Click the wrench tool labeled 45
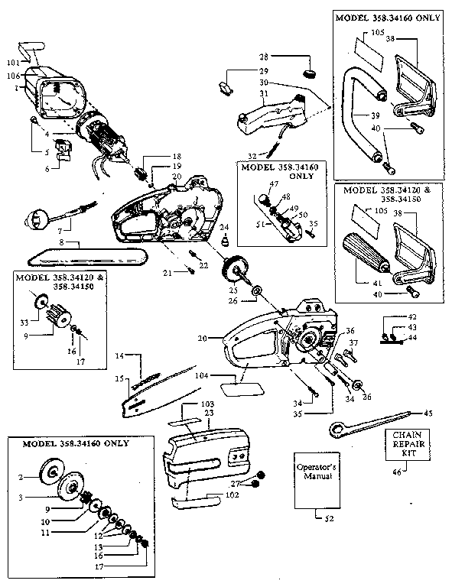coord(367,422)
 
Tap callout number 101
coord(12,63)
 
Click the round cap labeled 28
coord(310,73)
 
